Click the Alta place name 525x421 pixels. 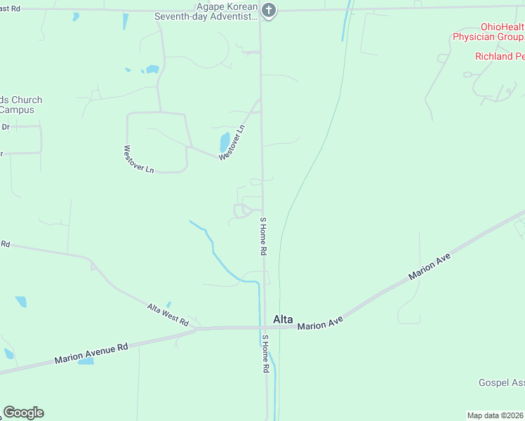click(282, 319)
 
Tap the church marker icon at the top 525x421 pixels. click(267, 10)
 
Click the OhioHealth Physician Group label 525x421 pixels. click(488, 32)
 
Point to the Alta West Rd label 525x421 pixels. click(168, 314)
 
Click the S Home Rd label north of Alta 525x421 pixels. click(264, 236)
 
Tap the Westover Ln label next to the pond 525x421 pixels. click(232, 142)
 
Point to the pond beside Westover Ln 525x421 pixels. click(225, 142)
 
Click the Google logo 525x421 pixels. click(23, 413)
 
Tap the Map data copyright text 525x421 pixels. click(496, 415)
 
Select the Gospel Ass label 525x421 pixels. click(501, 382)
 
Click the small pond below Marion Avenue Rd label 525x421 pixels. click(86, 361)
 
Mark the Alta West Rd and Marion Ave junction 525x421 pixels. click(197, 328)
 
